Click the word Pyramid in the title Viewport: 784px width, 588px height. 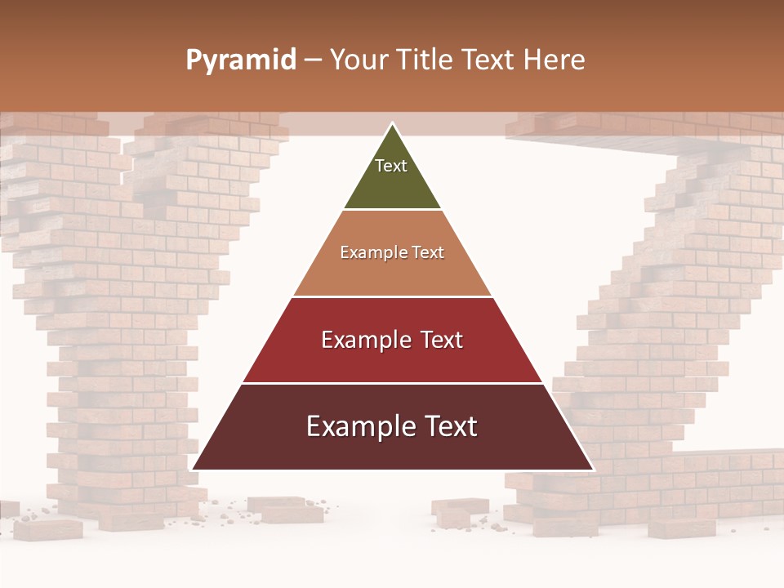240,60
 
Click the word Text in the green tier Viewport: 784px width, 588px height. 391,166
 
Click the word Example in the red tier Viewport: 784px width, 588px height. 365,340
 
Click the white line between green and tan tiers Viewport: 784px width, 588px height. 392,210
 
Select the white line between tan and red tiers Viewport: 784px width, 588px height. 392,296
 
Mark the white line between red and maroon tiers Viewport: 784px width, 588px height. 392,383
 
